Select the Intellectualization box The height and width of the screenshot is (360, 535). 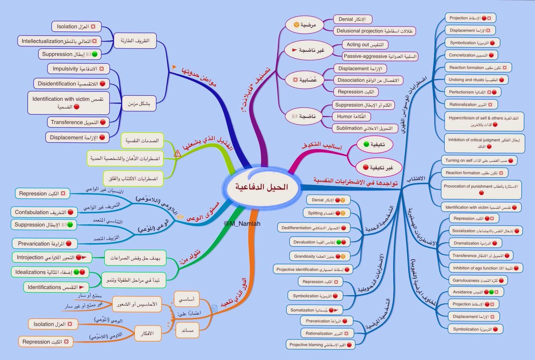coord(60,41)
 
